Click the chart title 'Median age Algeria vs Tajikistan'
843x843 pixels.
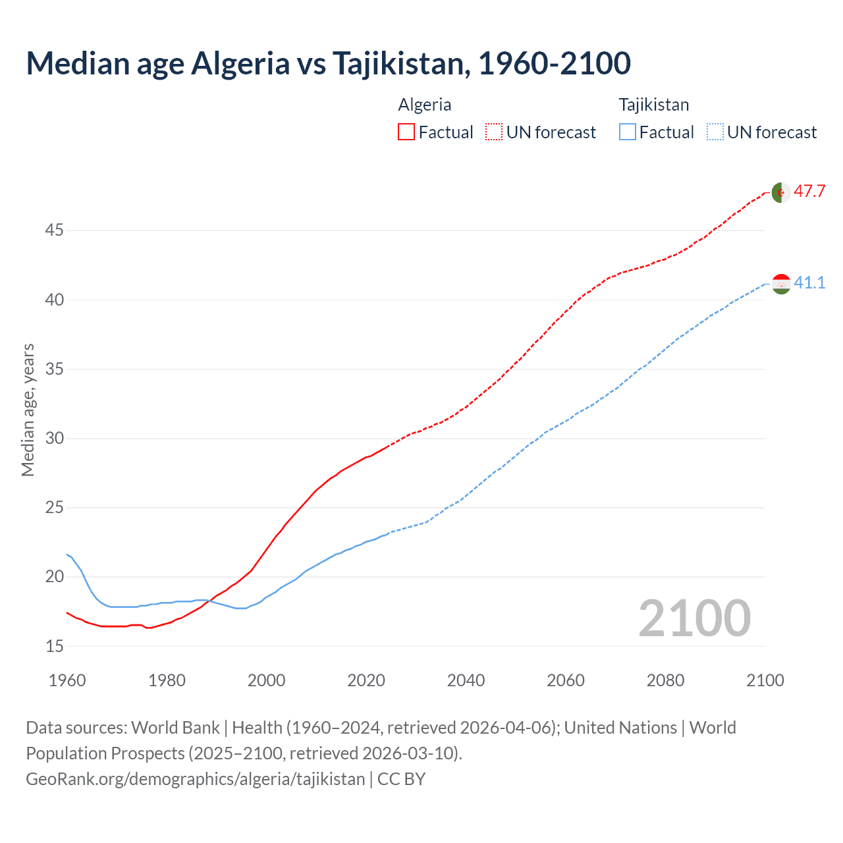[x=328, y=63]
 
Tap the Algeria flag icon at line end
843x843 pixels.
[x=780, y=192]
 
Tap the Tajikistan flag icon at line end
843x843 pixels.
[x=780, y=284]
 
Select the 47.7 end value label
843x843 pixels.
[x=809, y=192]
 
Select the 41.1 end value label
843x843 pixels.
[x=809, y=283]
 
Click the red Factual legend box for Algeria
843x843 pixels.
[x=406, y=132]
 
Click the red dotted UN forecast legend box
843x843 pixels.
[x=494, y=132]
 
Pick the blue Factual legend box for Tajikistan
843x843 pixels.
[x=628, y=132]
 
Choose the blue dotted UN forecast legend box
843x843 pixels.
[x=715, y=132]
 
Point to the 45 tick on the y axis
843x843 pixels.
[x=54, y=231]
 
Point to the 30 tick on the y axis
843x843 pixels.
[x=54, y=438]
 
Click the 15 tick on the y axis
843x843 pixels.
[x=54, y=646]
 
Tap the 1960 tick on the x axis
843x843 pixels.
[x=67, y=680]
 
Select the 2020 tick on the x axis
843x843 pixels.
[x=366, y=680]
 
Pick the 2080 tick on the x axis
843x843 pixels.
[x=665, y=680]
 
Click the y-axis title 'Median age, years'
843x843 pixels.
[x=28, y=410]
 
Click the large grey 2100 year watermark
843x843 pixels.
[x=694, y=618]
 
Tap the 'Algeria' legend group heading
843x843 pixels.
[x=425, y=105]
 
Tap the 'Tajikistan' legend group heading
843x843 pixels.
[x=654, y=105]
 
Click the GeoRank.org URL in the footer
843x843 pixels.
[x=195, y=779]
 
